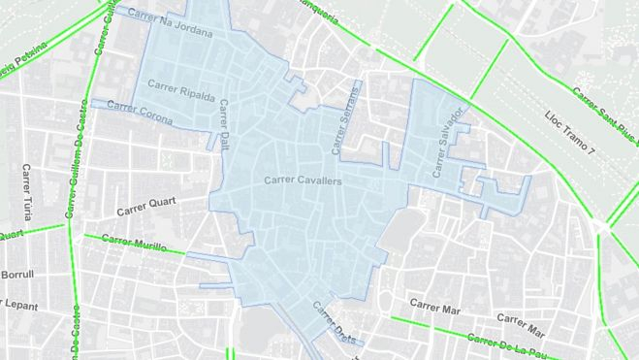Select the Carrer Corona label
(x=141, y=112)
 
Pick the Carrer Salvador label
(x=449, y=144)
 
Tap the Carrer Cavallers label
(x=304, y=180)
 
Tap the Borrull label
(x=16, y=275)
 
